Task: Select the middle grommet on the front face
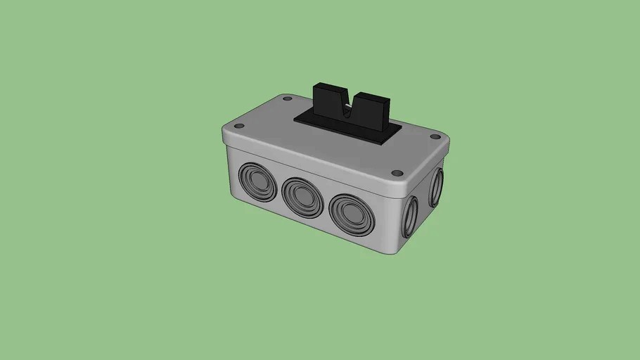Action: click(x=302, y=197)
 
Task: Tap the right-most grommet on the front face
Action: click(x=351, y=214)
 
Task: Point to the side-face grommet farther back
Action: click(x=436, y=186)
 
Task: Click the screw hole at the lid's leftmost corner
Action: click(x=239, y=127)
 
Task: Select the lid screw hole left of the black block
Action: click(x=287, y=99)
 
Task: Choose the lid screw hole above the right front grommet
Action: click(x=396, y=172)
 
